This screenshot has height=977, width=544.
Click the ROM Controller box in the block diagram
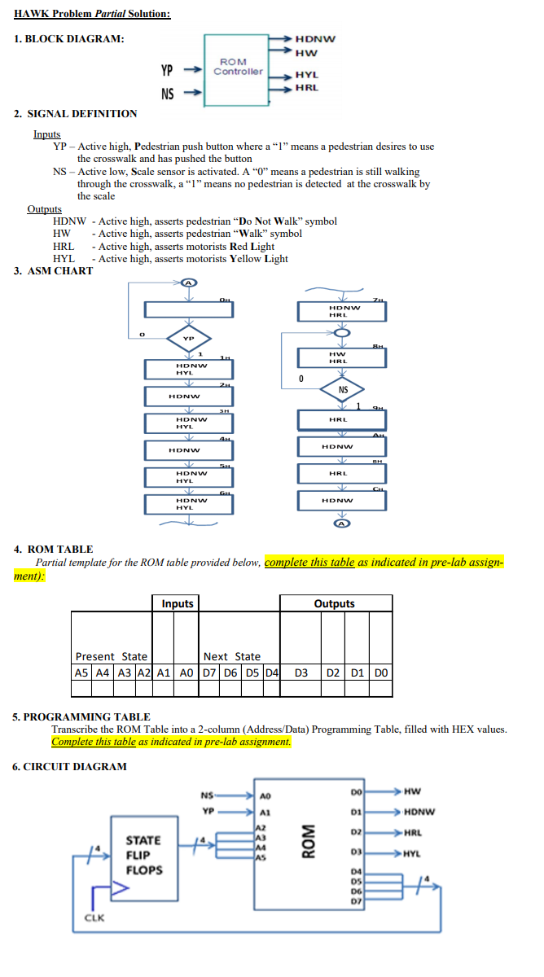click(237, 68)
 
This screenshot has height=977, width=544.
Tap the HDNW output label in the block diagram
click(314, 38)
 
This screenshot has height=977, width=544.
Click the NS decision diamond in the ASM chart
click(343, 390)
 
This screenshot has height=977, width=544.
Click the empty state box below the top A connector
click(189, 310)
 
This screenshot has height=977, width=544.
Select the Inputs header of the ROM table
click(177, 603)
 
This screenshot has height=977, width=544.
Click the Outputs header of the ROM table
click(335, 603)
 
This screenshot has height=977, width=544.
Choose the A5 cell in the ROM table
click(81, 673)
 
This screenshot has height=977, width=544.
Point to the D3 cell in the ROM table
click(301, 673)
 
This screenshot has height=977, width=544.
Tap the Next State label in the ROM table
click(232, 656)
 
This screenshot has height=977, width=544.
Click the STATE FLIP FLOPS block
click(143, 855)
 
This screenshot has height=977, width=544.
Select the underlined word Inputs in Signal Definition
click(46, 134)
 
